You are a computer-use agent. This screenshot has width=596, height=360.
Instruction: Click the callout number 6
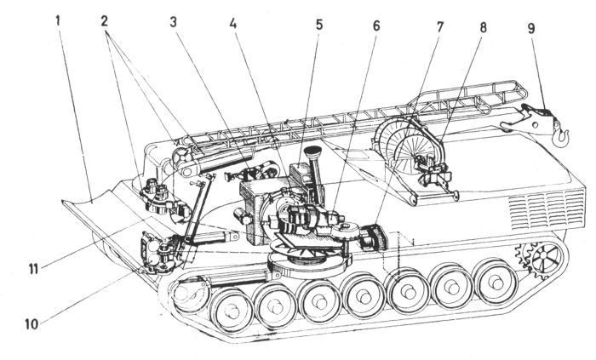[375, 26]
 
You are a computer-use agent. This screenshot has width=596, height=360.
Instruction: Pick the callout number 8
[483, 26]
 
